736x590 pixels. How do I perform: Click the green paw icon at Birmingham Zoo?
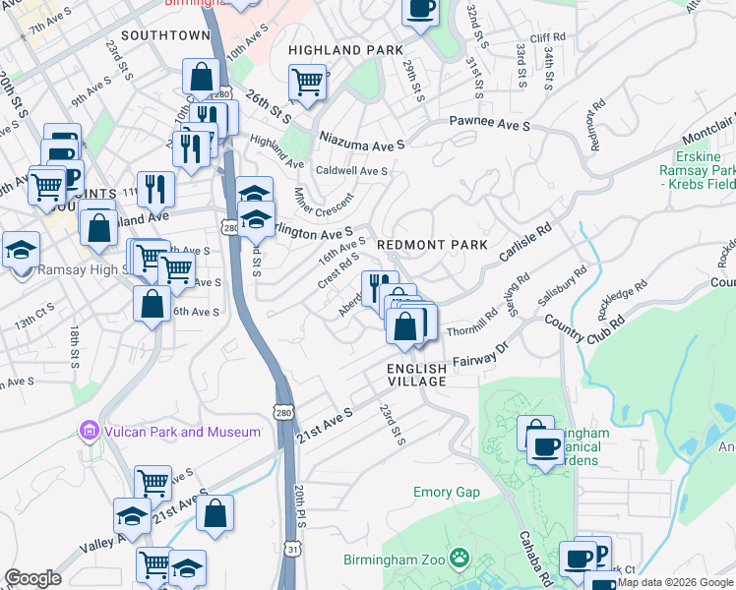click(x=459, y=559)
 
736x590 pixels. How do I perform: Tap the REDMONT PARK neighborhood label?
click(x=432, y=244)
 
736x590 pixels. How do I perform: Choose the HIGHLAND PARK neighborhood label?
click(x=345, y=49)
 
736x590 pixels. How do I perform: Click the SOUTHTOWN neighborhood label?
click(x=161, y=35)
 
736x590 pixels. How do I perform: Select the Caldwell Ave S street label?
click(x=351, y=170)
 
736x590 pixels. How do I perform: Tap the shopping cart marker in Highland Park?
click(x=307, y=82)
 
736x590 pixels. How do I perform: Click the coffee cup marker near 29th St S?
click(x=420, y=10)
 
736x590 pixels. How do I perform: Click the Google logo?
click(x=32, y=578)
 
